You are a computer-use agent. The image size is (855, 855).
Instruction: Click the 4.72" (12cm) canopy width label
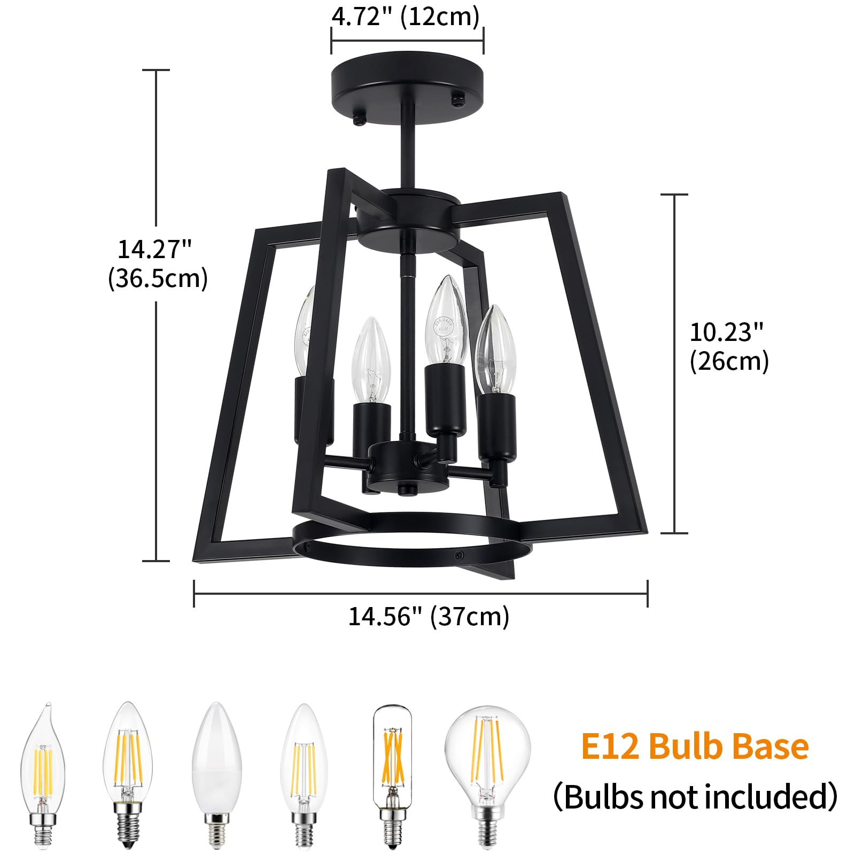pos(406,17)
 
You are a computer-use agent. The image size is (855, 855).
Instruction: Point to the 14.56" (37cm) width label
pos(429,617)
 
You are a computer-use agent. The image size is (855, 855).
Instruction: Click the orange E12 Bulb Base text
pos(695,747)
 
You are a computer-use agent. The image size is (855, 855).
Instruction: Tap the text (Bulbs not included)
pos(695,796)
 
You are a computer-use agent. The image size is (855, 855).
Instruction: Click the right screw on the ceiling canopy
pos(458,99)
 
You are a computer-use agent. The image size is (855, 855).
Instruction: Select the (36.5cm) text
pos(158,278)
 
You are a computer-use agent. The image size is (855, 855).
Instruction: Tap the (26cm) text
pos(729,361)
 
